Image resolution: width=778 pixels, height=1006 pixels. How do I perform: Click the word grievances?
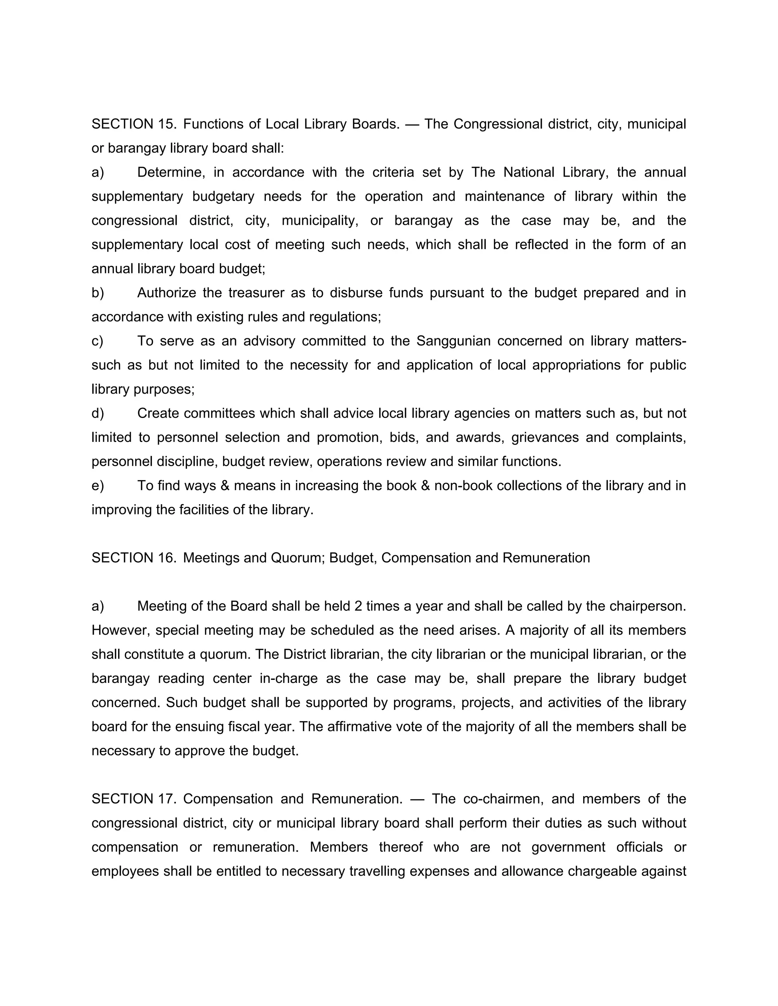click(545, 437)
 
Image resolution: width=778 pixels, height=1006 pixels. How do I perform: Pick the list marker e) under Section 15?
click(98, 486)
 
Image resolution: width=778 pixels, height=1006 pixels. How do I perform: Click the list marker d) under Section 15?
click(98, 413)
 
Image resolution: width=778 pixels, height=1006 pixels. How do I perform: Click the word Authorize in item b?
click(166, 293)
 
